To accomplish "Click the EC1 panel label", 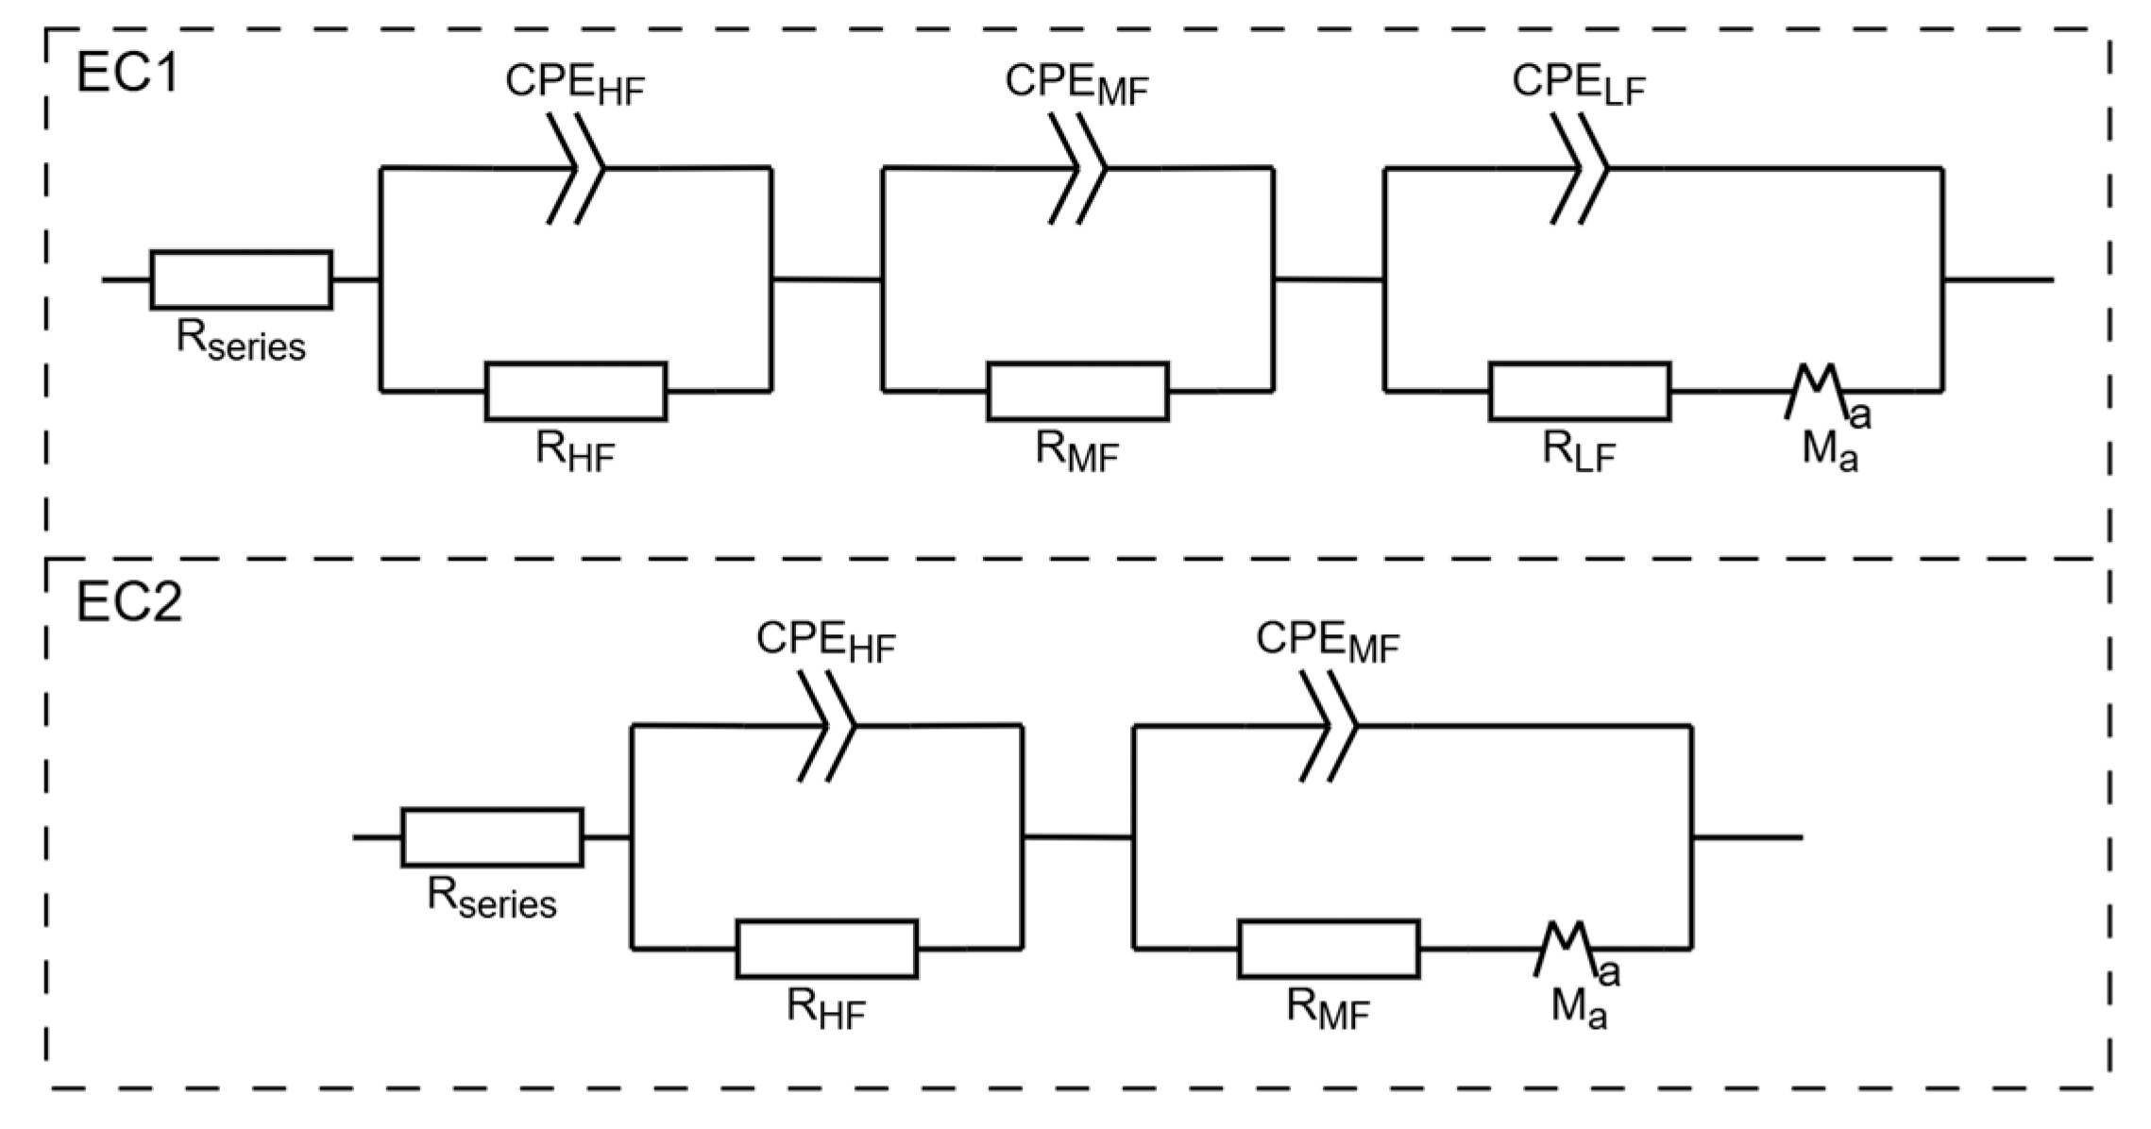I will (x=127, y=73).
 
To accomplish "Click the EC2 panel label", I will (x=128, y=602).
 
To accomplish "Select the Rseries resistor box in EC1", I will (x=241, y=279).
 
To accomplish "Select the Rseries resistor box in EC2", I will (x=492, y=836).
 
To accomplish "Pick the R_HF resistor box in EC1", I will (x=576, y=390).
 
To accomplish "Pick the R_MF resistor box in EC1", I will (x=1077, y=390).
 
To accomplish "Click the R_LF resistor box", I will (x=1579, y=390).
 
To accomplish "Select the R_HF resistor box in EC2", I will (x=826, y=948).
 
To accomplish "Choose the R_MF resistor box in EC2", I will (x=1328, y=948).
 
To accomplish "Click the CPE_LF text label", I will (x=1579, y=83).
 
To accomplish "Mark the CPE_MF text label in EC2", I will (x=1327, y=641).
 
